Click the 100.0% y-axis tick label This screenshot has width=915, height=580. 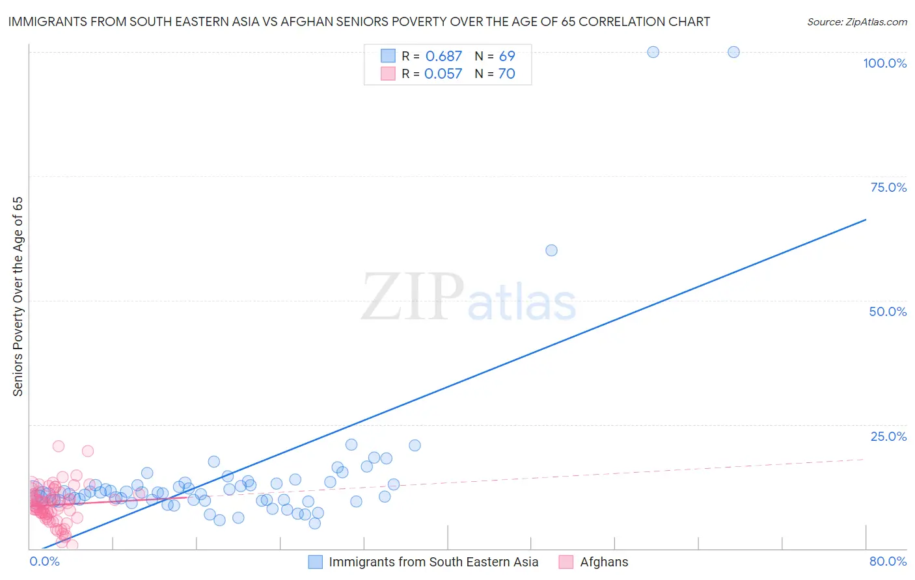884,63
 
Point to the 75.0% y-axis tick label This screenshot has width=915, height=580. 888,187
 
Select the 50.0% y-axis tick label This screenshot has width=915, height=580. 888,311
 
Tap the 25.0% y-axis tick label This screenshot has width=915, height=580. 888,436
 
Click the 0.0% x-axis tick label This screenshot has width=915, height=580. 44,561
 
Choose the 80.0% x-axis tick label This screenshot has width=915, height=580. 888,561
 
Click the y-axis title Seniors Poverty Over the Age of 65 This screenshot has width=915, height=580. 18,297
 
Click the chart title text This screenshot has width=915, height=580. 359,21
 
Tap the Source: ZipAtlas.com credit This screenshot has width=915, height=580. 856,21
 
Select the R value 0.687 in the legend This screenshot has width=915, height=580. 443,57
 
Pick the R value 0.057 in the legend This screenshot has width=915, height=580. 443,74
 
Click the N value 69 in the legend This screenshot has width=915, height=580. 507,57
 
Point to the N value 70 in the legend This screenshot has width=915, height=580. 506,74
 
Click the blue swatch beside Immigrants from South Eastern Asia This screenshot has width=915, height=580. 316,562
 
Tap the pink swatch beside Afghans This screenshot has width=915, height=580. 566,562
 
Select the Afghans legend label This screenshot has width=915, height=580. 604,562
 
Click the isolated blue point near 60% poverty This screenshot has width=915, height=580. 551,250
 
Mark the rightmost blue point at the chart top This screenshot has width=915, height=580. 733,52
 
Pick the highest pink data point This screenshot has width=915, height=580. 59,446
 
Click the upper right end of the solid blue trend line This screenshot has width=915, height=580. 866,220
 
